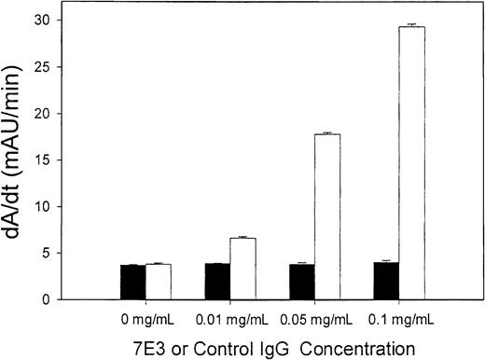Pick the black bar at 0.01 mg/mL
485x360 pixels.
pyautogui.click(x=216, y=282)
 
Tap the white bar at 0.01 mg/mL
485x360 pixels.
pyautogui.click(x=242, y=270)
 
